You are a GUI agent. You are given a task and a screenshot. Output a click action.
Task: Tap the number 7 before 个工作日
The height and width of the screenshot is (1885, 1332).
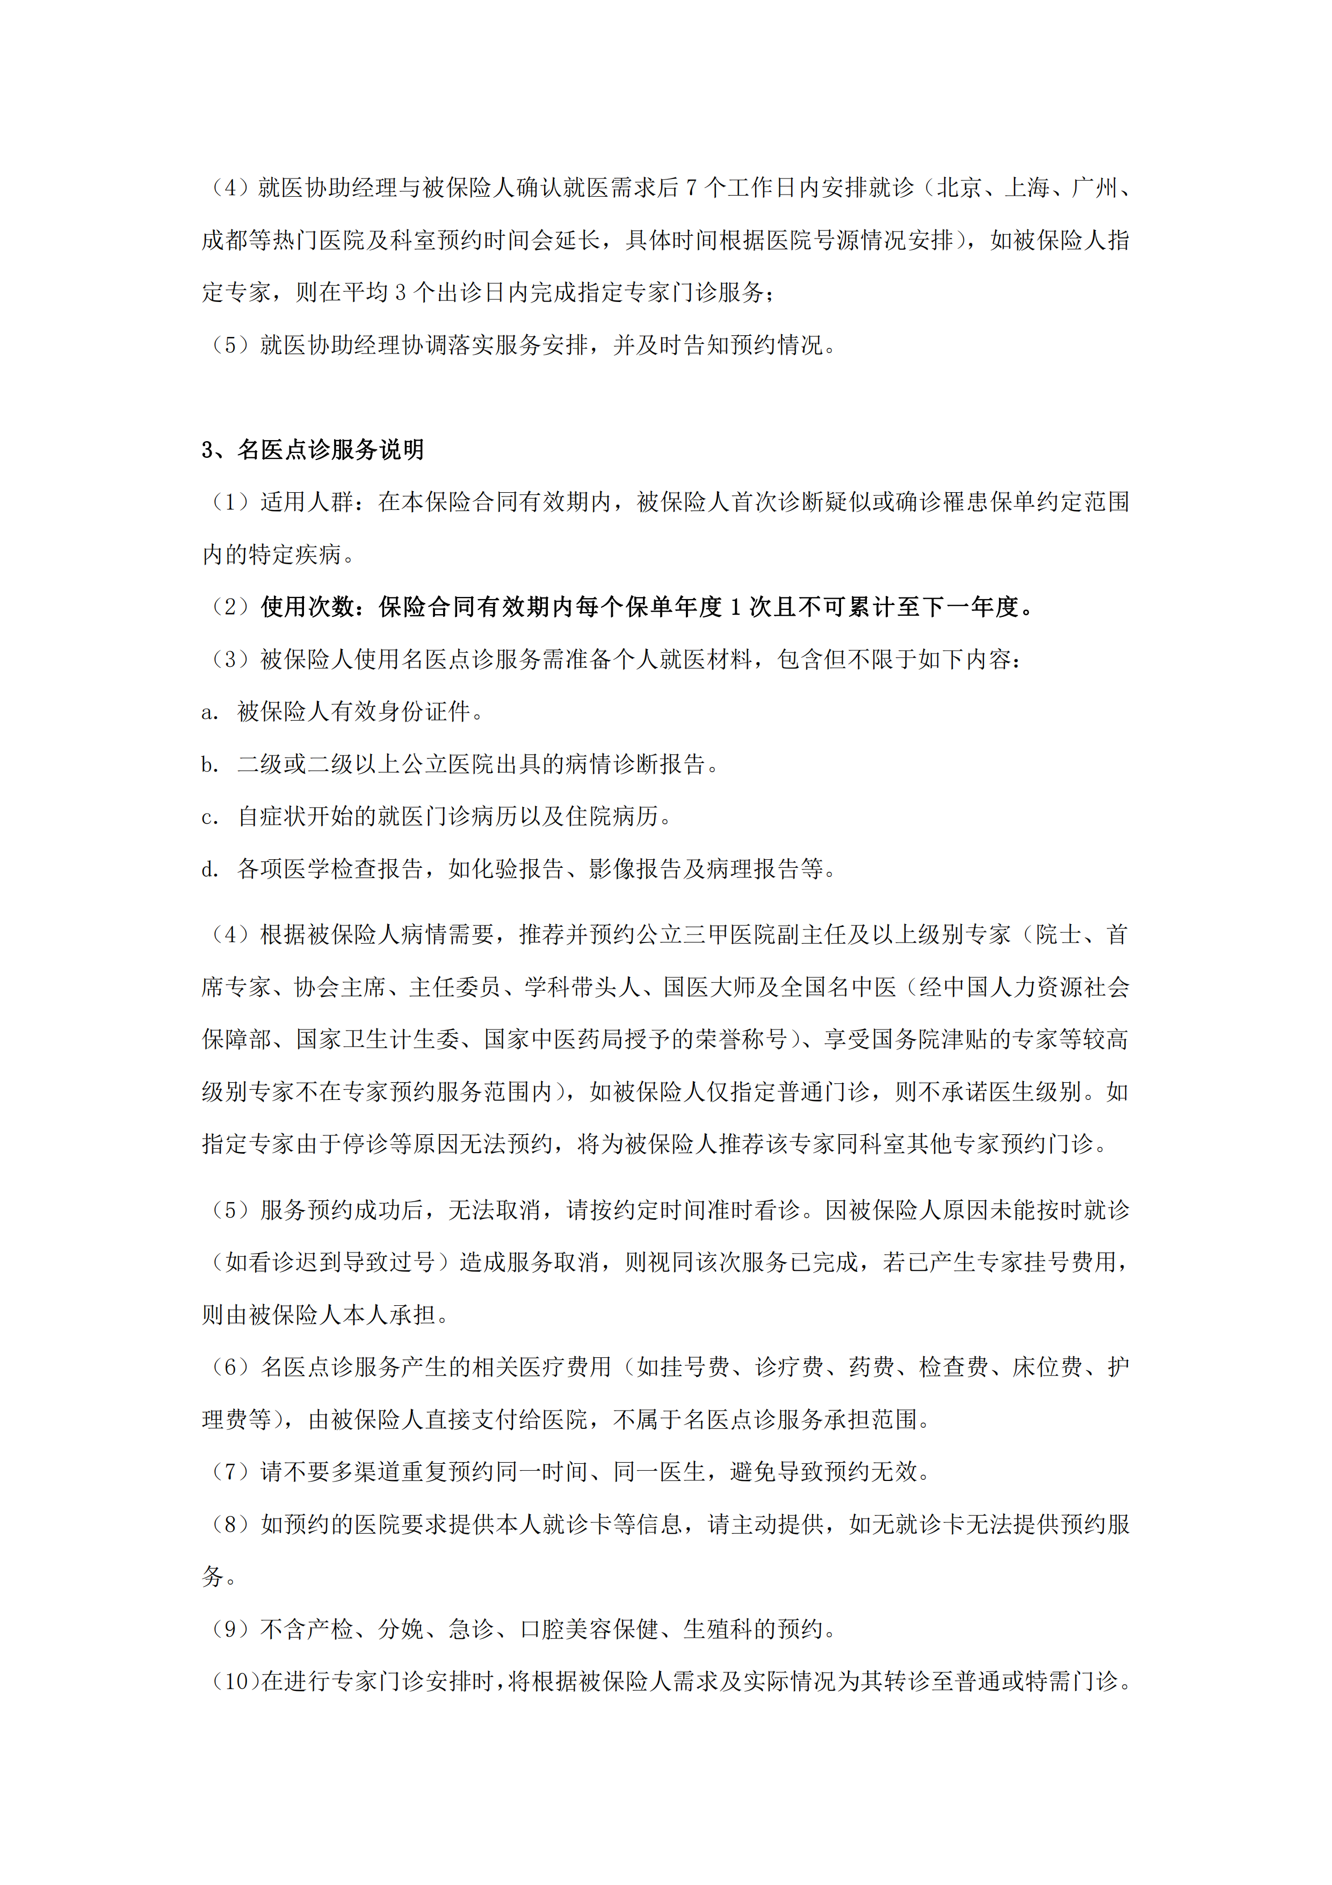(x=691, y=188)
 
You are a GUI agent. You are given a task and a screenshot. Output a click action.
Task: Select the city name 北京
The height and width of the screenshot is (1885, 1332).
(x=959, y=188)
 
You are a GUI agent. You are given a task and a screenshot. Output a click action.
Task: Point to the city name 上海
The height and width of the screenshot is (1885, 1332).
(x=1027, y=188)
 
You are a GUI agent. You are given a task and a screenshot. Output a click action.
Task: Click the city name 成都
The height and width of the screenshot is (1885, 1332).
(x=225, y=241)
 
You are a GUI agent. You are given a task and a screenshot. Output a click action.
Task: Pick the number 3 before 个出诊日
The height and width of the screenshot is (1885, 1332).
(x=401, y=292)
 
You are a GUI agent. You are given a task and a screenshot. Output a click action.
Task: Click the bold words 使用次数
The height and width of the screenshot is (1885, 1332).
(x=307, y=607)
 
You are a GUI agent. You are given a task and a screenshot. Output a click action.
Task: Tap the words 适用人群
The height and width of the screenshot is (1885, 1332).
(x=307, y=502)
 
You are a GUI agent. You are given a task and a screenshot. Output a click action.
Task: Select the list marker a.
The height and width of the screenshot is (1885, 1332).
(x=209, y=712)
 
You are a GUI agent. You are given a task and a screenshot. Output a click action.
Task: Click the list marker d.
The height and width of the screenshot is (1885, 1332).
(x=209, y=868)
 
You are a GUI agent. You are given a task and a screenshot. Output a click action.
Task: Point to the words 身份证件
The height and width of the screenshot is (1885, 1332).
(x=423, y=712)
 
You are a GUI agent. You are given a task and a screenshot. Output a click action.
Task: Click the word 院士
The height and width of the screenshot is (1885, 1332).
(x=1059, y=934)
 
